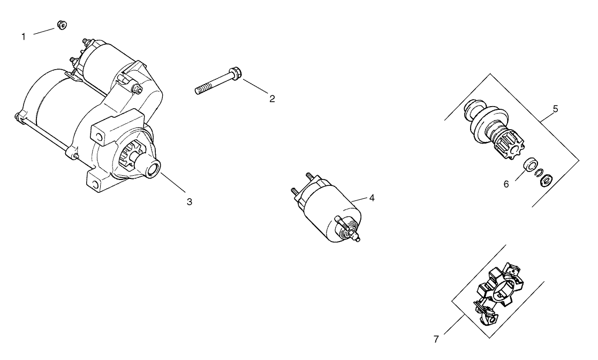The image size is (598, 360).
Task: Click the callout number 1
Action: pyautogui.click(x=23, y=37)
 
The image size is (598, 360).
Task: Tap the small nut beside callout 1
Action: pyautogui.click(x=62, y=25)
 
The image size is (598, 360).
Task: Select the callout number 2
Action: pyautogui.click(x=272, y=99)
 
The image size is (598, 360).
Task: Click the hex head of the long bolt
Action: pyautogui.click(x=233, y=72)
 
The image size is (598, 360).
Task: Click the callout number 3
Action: pyautogui.click(x=189, y=202)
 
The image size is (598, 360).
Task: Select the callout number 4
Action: pyautogui.click(x=372, y=198)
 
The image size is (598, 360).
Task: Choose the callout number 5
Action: pyautogui.click(x=555, y=109)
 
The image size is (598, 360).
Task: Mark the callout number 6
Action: pyautogui.click(x=506, y=184)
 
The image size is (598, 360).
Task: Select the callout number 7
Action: pyautogui.click(x=436, y=339)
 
